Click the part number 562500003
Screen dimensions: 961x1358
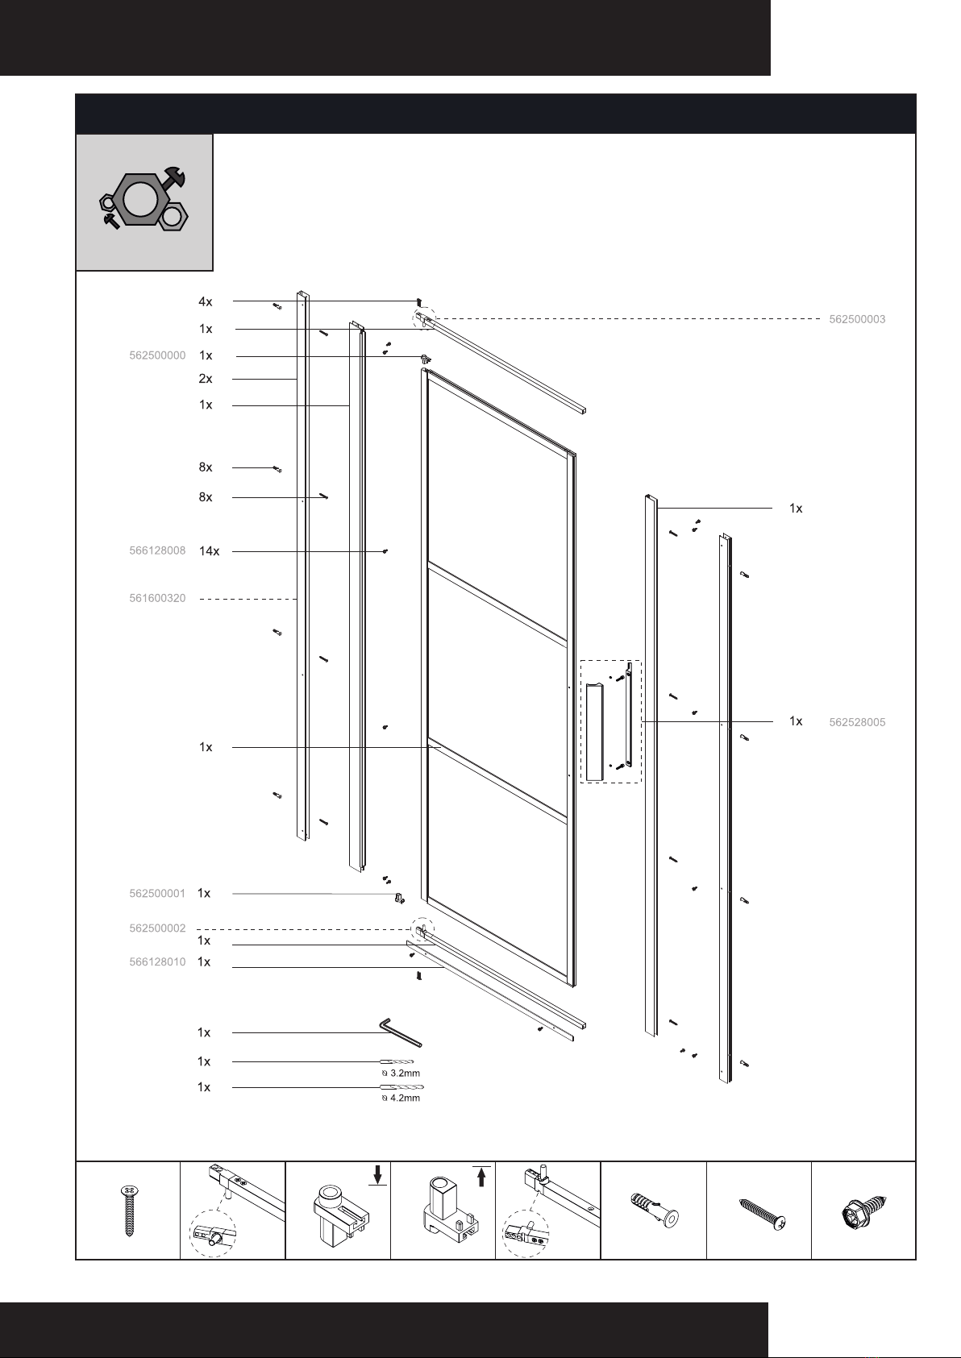pyautogui.click(x=857, y=319)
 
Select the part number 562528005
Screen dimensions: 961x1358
pyautogui.click(x=857, y=722)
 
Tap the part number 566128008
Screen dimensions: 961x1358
pyautogui.click(x=157, y=550)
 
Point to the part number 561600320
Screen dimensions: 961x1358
pyautogui.click(x=157, y=598)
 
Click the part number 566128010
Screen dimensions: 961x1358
pyautogui.click(x=157, y=962)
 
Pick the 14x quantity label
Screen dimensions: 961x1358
pyautogui.click(x=209, y=551)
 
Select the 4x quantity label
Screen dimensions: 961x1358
pyautogui.click(x=206, y=301)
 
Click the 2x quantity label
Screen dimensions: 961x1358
pyautogui.click(x=206, y=379)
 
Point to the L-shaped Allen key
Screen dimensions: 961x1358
pyautogui.click(x=399, y=1032)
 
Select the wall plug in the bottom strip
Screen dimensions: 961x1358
pyautogui.click(x=654, y=1211)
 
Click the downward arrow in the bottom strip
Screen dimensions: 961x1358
pyautogui.click(x=378, y=1174)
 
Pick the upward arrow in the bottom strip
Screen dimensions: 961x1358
pyautogui.click(x=481, y=1177)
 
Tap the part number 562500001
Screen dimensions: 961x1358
pyautogui.click(x=157, y=894)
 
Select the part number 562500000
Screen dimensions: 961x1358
pyautogui.click(x=157, y=355)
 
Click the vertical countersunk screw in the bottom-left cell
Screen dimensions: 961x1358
pyautogui.click(x=128, y=1210)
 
